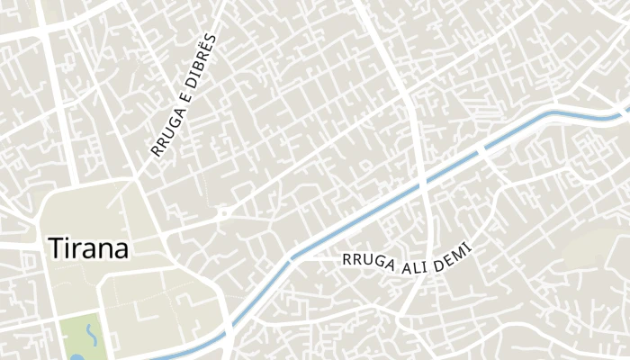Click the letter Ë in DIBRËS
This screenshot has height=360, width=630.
(x=211, y=47)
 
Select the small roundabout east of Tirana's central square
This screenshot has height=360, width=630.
(x=220, y=215)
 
